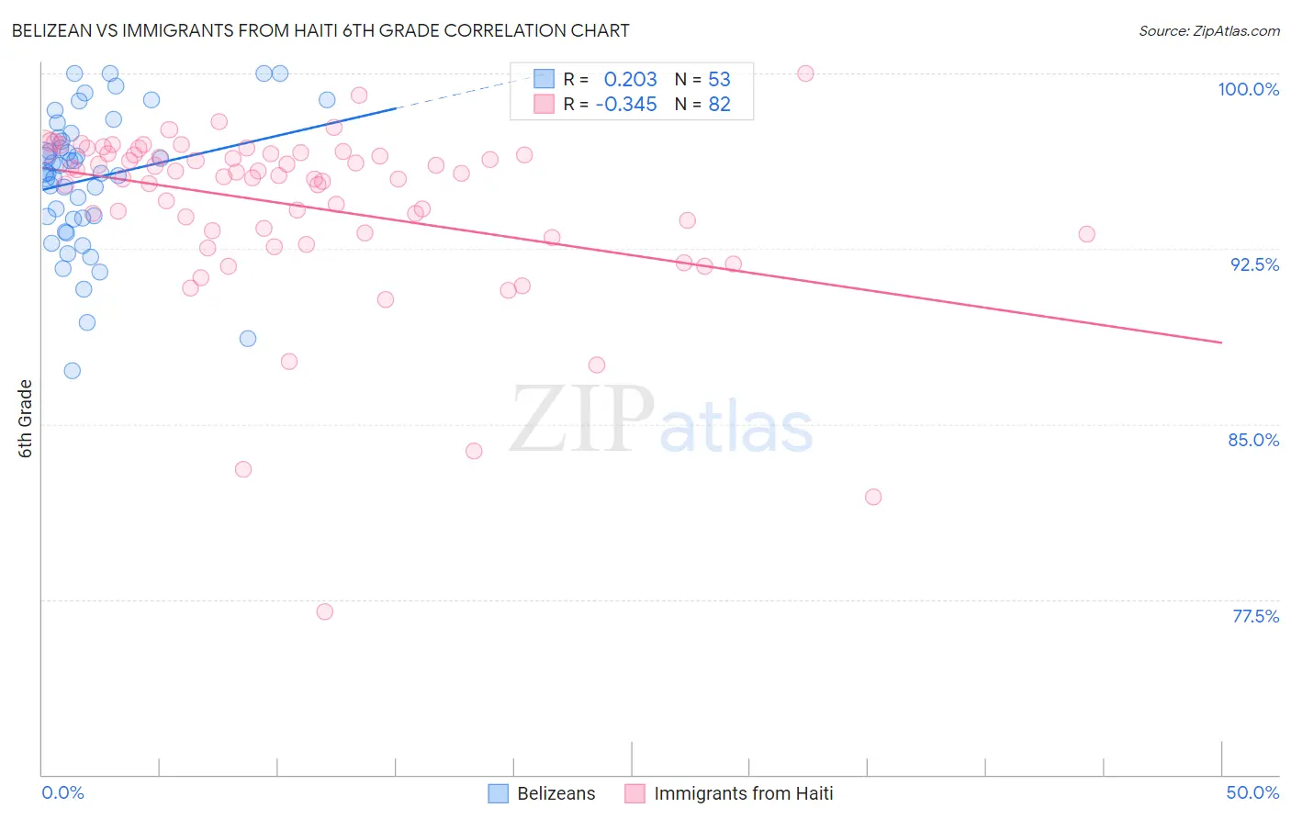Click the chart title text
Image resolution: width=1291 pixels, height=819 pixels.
pyautogui.click(x=320, y=30)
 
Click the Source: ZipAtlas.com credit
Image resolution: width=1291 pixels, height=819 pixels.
pyautogui.click(x=1208, y=30)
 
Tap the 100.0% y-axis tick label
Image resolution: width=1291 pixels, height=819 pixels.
pyautogui.click(x=1248, y=89)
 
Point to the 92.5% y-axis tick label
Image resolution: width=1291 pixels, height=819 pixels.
pyautogui.click(x=1254, y=264)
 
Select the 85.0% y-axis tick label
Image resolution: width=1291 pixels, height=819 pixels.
pyautogui.click(x=1253, y=440)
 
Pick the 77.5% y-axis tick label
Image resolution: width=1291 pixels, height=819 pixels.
pyautogui.click(x=1255, y=616)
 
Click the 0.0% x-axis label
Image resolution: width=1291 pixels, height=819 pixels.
pyautogui.click(x=62, y=792)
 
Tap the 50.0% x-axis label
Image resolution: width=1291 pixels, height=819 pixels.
pyautogui.click(x=1252, y=792)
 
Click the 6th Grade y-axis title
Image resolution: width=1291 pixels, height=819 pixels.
pyautogui.click(x=26, y=419)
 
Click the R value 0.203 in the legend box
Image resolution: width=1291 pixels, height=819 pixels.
pyautogui.click(x=630, y=79)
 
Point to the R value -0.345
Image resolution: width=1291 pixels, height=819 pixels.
pyautogui.click(x=626, y=104)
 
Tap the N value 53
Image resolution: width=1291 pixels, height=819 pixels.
pyautogui.click(x=719, y=79)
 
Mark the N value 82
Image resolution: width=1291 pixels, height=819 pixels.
pyautogui.click(x=719, y=104)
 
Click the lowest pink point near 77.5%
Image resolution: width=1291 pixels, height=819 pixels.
pyautogui.click(x=324, y=611)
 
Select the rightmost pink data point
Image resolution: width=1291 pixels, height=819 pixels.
pyautogui.click(x=1086, y=234)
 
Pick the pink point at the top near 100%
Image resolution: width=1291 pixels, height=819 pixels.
pyautogui.click(x=805, y=73)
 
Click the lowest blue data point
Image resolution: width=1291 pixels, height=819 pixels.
pyautogui.click(x=72, y=371)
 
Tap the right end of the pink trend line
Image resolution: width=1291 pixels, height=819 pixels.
pyautogui.click(x=1221, y=342)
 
